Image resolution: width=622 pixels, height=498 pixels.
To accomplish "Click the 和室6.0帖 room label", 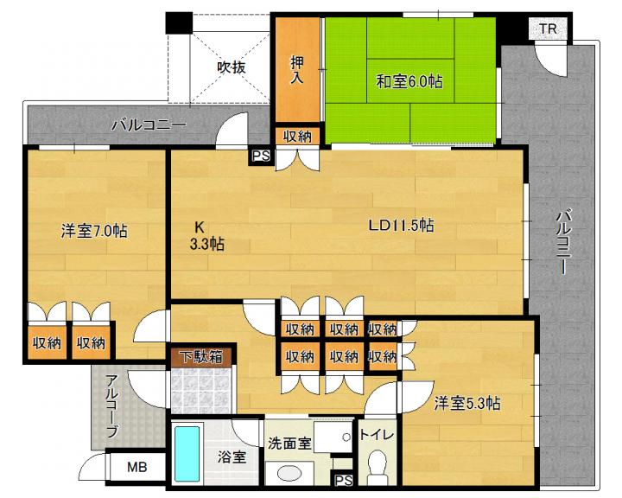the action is coord(409,82).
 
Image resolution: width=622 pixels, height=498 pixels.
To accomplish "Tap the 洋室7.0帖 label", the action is coord(94,231).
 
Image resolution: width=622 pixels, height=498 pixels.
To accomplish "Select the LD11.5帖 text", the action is coord(402,226).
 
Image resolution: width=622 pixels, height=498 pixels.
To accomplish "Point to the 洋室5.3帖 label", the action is coord(467,404).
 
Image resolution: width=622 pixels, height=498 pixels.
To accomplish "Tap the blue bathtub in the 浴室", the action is coord(187,454).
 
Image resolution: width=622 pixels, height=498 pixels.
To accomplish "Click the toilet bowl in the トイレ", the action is coord(377,465).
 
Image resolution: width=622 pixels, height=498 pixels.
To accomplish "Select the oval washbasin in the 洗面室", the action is coord(289,474).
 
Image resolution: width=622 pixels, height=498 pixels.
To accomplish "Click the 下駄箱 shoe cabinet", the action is coord(201,357).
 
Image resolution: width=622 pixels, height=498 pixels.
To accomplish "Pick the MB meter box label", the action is coord(137,467).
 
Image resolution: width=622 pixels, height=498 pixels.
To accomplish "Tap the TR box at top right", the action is coord(548,29).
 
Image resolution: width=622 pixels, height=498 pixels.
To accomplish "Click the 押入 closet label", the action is coord(297,69).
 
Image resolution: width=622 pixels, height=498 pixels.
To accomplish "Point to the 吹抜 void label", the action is coord(232,67).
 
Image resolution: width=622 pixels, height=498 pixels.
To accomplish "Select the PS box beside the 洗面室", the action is coord(344,481).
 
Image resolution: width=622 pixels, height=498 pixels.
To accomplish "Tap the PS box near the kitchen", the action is coord(261,156).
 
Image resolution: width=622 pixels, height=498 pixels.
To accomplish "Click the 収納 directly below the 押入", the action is coord(297,137).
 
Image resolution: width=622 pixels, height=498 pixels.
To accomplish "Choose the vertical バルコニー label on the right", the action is coord(563,242).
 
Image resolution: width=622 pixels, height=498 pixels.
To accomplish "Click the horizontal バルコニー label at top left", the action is coord(149,125).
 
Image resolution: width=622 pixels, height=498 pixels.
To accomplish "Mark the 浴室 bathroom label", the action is coord(232,456).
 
